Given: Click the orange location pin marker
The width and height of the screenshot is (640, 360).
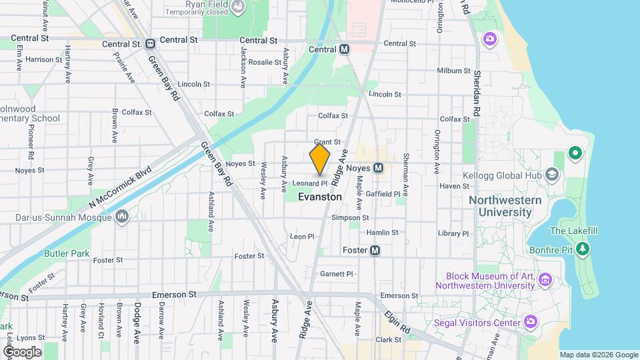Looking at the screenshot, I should click(x=320, y=159).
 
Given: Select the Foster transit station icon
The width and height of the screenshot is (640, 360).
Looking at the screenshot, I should click(x=375, y=251).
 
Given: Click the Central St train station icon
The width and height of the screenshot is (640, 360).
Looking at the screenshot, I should click(x=150, y=44).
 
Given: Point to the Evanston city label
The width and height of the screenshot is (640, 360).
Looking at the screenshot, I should click(x=320, y=197).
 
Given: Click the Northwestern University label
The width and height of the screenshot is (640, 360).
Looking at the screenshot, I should click(x=500, y=207).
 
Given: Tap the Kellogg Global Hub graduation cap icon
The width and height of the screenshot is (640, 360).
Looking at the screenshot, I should click(x=551, y=175).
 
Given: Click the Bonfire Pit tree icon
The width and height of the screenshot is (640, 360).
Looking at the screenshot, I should click(x=583, y=249).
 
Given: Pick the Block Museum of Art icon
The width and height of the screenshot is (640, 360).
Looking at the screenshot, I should click(x=545, y=279).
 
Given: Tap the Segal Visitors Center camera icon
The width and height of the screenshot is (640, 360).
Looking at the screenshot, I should click(x=531, y=323).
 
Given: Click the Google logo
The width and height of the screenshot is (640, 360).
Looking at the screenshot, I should click(x=21, y=351).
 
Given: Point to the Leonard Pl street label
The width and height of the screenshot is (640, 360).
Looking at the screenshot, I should click(x=310, y=183).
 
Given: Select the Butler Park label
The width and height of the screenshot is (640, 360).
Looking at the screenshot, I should click(x=67, y=253).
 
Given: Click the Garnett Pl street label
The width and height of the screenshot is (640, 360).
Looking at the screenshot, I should click(x=336, y=274).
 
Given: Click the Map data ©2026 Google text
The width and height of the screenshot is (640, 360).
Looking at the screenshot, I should click(x=598, y=355).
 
